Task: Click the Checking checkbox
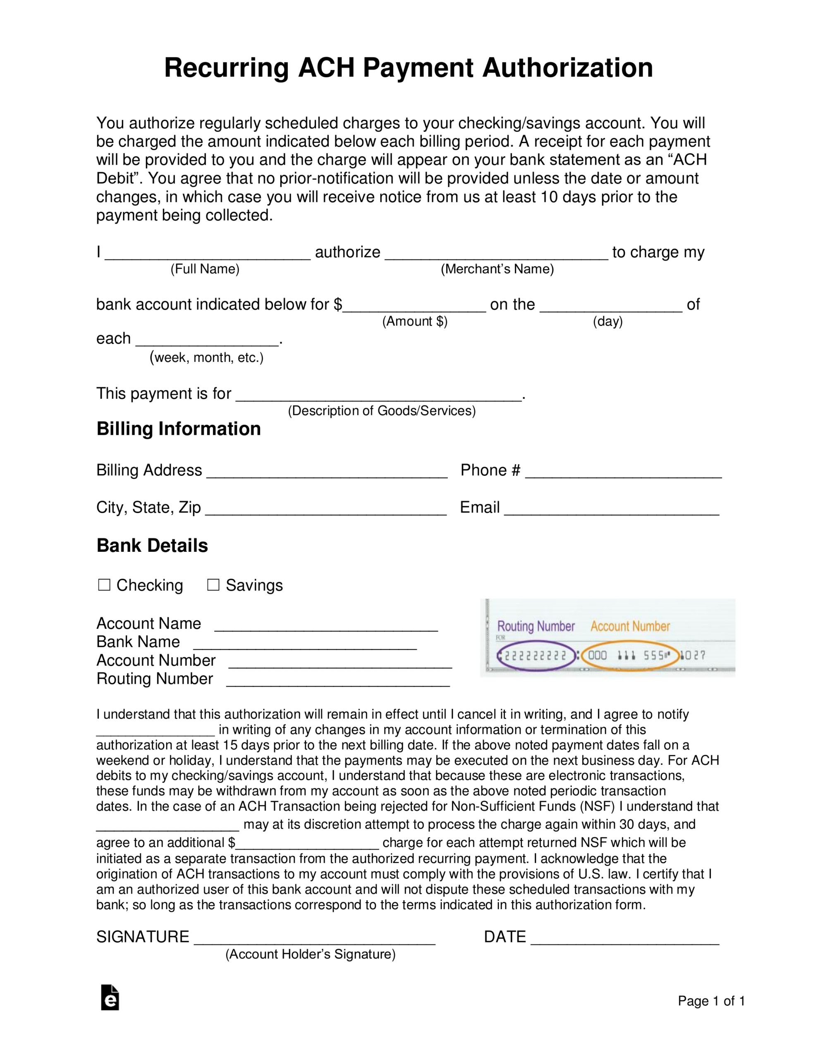click(104, 585)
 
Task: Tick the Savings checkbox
click(213, 585)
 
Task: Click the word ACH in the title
click(326, 67)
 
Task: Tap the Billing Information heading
click(178, 429)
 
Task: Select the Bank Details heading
click(152, 546)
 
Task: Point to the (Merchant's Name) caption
click(497, 269)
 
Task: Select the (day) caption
click(608, 321)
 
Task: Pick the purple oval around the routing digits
click(536, 656)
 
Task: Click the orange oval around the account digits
click(629, 656)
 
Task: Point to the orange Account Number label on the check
click(630, 626)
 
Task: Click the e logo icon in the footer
click(110, 998)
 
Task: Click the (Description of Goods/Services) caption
click(382, 411)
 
